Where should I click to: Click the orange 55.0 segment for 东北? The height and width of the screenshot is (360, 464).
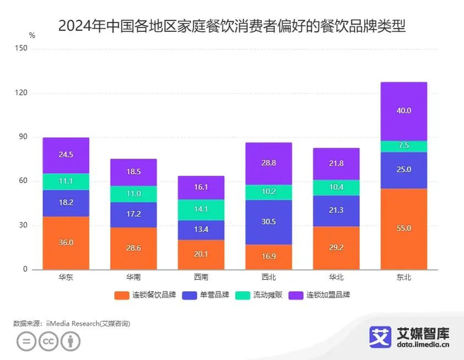(404, 229)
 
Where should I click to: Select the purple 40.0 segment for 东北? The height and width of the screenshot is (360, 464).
(404, 111)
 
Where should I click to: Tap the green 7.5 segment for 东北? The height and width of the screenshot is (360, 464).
(404, 146)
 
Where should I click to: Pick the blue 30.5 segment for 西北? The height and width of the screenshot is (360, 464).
(268, 222)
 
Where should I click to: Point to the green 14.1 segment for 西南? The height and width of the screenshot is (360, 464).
(201, 210)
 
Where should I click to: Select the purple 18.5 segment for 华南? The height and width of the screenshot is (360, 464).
(133, 172)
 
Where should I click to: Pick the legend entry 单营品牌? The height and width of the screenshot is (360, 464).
(204, 294)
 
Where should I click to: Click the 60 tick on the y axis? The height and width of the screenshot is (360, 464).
(23, 181)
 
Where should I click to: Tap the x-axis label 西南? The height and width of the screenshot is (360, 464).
(201, 277)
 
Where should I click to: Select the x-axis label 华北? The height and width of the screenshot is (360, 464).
(336, 277)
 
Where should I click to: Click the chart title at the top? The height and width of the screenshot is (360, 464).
(232, 27)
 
